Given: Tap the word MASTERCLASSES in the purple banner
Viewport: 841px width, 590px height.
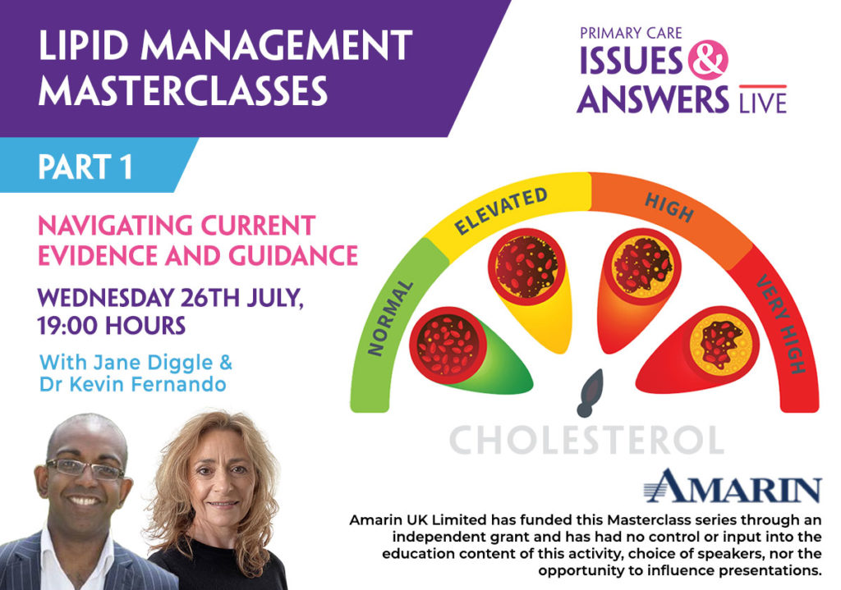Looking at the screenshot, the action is click(183, 90).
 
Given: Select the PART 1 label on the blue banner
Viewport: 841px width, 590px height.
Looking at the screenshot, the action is click(85, 167).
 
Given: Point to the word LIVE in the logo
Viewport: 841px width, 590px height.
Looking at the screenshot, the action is click(763, 103).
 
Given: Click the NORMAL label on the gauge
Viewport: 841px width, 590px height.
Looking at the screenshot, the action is click(390, 318).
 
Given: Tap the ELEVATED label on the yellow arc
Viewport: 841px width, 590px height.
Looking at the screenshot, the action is click(500, 211).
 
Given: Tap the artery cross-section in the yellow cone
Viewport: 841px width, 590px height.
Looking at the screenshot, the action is click(526, 266).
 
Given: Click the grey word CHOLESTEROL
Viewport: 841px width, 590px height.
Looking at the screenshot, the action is click(586, 440).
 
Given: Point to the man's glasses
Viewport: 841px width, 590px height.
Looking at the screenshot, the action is click(85, 469).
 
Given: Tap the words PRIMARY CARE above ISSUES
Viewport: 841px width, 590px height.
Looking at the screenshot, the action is click(631, 33).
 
